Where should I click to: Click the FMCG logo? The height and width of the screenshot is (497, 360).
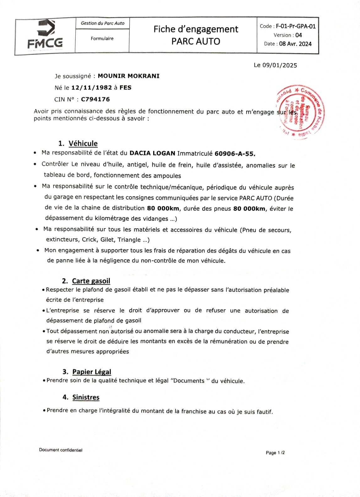pyautogui.click(x=45, y=35)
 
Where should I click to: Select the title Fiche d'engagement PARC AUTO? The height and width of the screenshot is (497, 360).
pyautogui.click(x=196, y=35)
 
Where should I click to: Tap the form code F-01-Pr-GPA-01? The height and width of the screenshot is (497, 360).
pyautogui.click(x=296, y=26)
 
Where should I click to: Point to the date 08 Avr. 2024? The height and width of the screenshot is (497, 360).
pyautogui.click(x=295, y=44)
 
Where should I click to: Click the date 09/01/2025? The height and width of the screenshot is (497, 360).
pyautogui.click(x=280, y=65)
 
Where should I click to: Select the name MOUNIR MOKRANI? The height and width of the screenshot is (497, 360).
pyautogui.click(x=128, y=76)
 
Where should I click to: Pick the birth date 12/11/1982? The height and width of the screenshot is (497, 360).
pyautogui.click(x=92, y=88)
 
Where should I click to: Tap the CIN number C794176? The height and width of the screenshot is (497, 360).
pyautogui.click(x=95, y=99)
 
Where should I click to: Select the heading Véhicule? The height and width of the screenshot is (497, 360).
pyautogui.click(x=83, y=144)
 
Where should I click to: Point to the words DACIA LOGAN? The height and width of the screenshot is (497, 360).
pyautogui.click(x=152, y=153)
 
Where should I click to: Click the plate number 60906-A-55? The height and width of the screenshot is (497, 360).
pyautogui.click(x=235, y=154)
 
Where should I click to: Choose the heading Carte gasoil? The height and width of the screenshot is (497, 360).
pyautogui.click(x=91, y=281)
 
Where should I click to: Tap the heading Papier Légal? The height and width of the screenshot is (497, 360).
pyautogui.click(x=92, y=372)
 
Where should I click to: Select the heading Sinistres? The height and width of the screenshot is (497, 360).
pyautogui.click(x=86, y=397)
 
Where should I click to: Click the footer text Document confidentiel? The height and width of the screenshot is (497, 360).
pyautogui.click(x=61, y=450)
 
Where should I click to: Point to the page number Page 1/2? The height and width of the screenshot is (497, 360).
pyautogui.click(x=275, y=453)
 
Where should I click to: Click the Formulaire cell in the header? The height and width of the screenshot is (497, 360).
pyautogui.click(x=102, y=39)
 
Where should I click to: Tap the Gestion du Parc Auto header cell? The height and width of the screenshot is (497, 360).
pyautogui.click(x=102, y=23)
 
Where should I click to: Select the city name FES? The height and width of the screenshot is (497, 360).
pyautogui.click(x=125, y=88)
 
